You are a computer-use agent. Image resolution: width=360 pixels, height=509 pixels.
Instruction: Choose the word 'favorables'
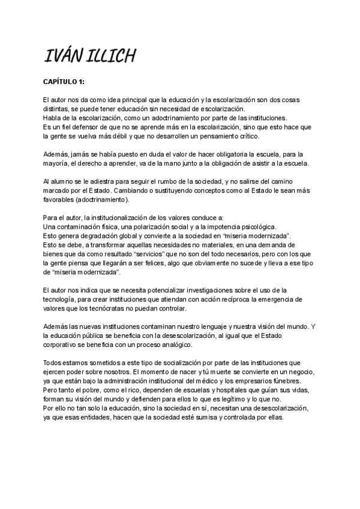[x=62, y=198]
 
